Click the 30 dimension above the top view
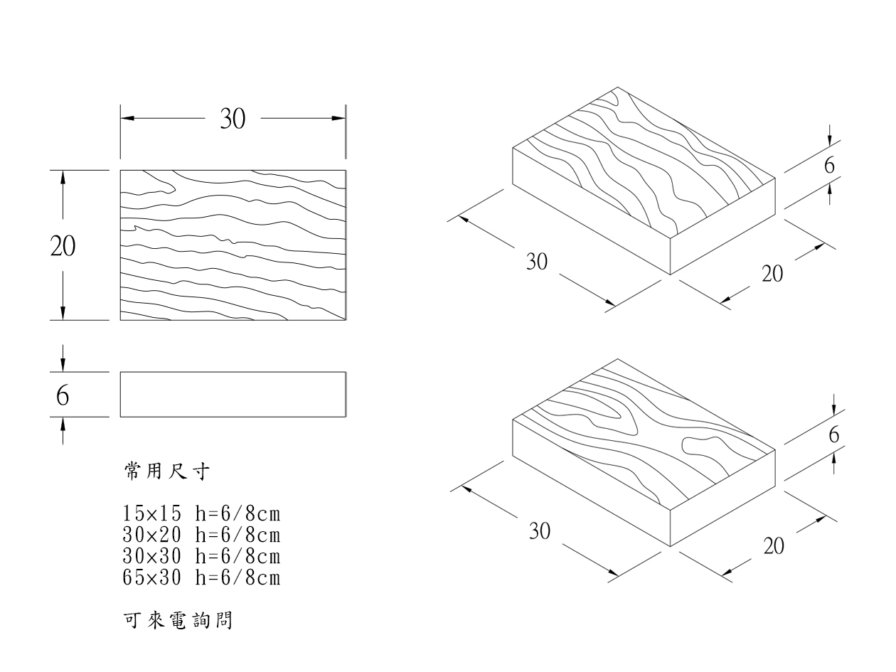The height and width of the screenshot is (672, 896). (x=232, y=119)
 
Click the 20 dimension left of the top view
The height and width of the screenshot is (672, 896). (x=63, y=245)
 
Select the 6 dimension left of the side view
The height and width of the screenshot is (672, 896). (x=63, y=395)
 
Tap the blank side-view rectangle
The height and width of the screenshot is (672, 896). (x=233, y=394)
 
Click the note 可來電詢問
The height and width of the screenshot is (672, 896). (x=177, y=621)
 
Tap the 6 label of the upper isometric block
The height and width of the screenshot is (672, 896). (x=829, y=166)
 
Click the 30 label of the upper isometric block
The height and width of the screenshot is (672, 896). (x=537, y=262)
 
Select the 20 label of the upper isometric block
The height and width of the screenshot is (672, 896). (x=773, y=273)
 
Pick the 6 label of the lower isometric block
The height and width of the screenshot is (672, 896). (x=833, y=435)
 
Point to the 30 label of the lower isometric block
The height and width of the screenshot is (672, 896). (x=540, y=532)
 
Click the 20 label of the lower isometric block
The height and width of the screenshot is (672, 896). (x=775, y=546)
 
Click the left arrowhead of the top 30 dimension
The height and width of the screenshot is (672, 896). (x=127, y=118)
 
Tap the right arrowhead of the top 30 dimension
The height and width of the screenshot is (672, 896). (x=338, y=118)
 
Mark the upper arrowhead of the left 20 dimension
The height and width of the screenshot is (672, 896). (x=63, y=178)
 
